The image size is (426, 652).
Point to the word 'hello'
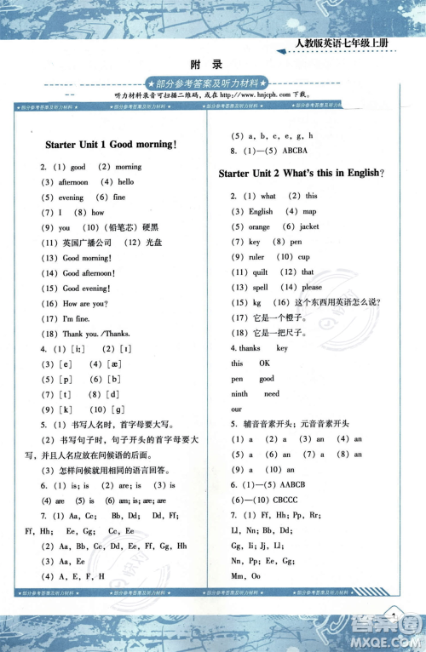point(126,182)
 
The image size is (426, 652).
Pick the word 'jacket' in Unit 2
point(308,226)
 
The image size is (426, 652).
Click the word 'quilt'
point(257,272)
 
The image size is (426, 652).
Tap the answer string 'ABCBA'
point(296,151)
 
